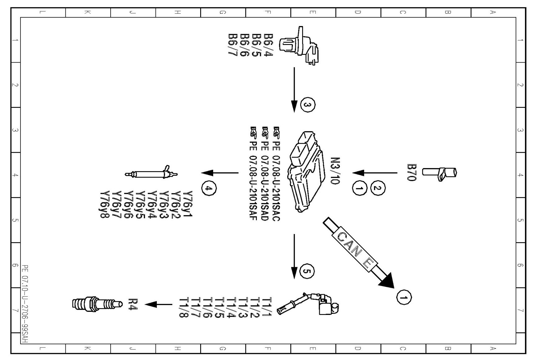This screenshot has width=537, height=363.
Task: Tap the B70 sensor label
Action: pos(412,172)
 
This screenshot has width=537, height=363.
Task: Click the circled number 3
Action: pos(307,105)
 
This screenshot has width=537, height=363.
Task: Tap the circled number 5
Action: pos(307,272)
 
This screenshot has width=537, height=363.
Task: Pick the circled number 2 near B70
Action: pos(378,188)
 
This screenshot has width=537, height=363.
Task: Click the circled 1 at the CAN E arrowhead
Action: pos(403,298)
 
